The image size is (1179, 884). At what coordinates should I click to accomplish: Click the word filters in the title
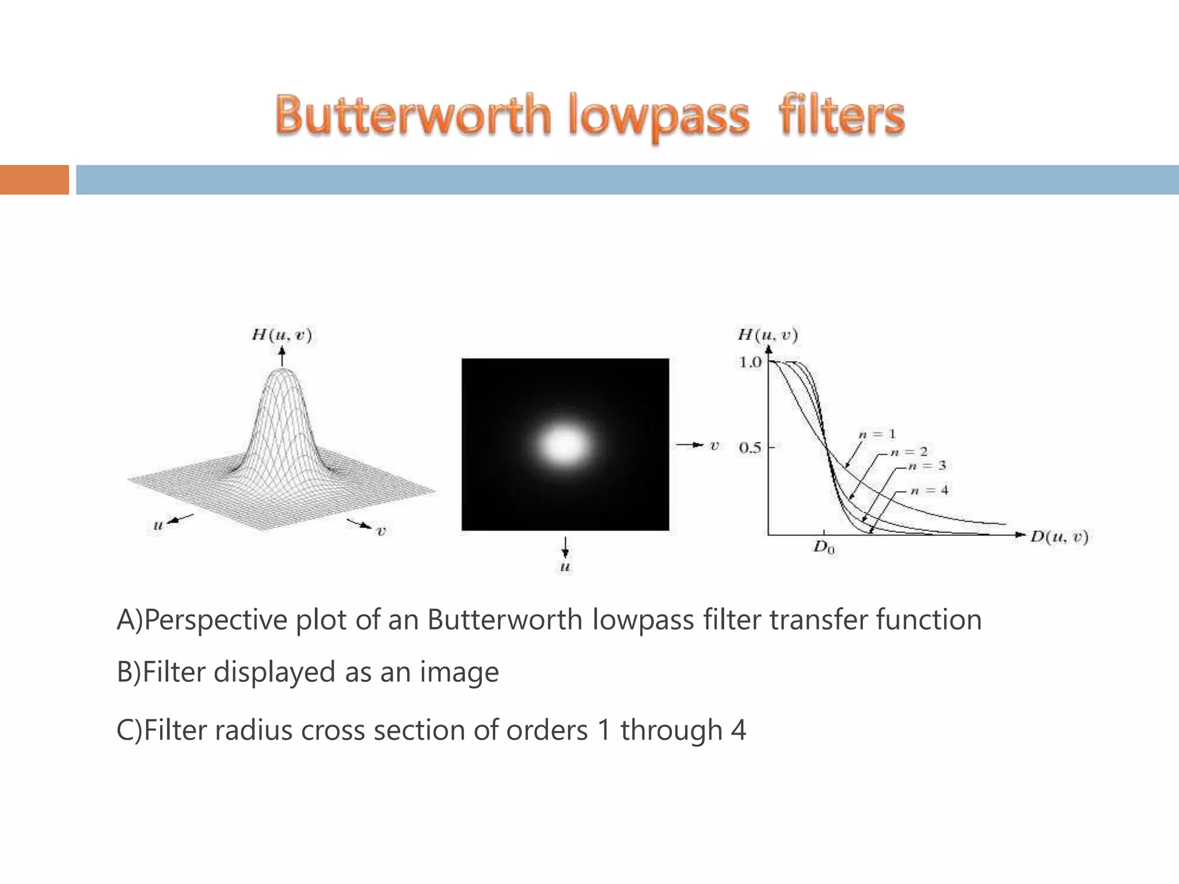click(842, 115)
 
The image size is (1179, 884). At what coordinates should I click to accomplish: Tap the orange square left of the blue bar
click(34, 180)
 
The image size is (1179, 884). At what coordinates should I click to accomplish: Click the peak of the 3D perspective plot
click(282, 372)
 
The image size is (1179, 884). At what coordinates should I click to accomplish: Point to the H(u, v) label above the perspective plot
click(282, 335)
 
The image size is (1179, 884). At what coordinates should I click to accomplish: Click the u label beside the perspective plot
click(158, 525)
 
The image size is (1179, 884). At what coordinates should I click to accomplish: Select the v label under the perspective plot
click(381, 531)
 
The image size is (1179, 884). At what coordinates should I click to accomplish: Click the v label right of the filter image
click(714, 445)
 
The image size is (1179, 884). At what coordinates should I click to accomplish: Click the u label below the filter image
click(565, 567)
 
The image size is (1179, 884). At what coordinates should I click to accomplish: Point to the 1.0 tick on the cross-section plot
click(750, 363)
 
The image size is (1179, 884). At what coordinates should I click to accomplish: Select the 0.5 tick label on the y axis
click(750, 447)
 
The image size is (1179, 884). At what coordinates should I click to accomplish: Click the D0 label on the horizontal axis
click(824, 547)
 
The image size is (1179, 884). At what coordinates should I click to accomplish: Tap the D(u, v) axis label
click(1059, 537)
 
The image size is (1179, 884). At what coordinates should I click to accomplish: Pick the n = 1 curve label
click(877, 434)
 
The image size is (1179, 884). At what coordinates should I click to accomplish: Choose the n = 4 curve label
click(929, 490)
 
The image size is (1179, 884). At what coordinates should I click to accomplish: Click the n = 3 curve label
click(927, 466)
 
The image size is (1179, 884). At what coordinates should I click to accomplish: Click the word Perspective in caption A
click(216, 620)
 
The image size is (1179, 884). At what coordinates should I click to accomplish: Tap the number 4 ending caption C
click(738, 730)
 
